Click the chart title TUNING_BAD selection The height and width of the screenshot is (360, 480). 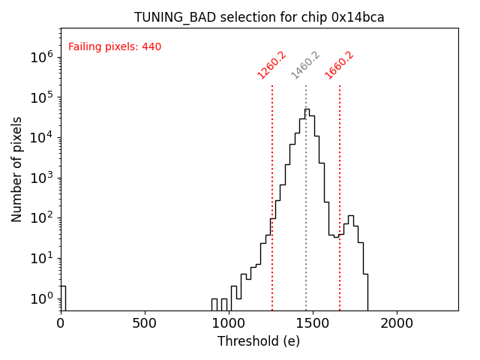259,17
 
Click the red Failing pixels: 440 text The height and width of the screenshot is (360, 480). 115,47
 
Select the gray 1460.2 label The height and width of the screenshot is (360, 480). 305,65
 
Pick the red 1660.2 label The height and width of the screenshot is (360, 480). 339,65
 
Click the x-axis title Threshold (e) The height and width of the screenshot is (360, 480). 259,341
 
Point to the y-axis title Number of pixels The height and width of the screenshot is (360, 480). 17,169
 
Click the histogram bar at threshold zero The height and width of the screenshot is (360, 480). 63,298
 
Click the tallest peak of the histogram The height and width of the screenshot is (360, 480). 307,109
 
